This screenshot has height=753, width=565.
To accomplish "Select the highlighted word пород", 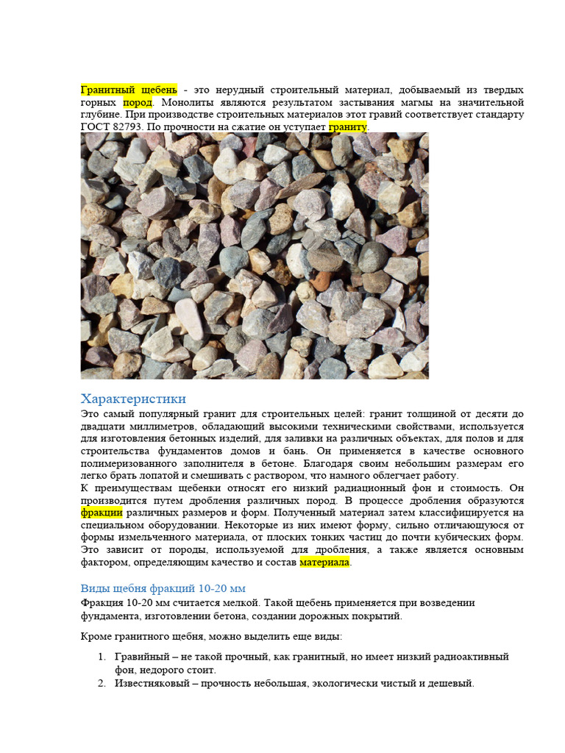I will [138, 102].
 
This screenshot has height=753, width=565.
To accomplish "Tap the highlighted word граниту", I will [347, 127].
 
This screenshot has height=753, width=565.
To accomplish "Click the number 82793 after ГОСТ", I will [126, 127].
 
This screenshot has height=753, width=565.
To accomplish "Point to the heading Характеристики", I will [133, 399].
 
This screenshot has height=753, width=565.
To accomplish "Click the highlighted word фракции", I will [101, 513].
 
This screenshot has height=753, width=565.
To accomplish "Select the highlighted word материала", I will [324, 563].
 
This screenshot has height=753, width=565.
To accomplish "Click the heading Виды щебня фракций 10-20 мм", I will [163, 589].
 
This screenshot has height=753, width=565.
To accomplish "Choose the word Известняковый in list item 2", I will [153, 683].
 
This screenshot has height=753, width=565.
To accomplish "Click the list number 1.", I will [102, 657].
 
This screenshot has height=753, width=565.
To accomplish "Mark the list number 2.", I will [102, 683].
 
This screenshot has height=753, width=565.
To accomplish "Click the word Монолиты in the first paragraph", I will [186, 102].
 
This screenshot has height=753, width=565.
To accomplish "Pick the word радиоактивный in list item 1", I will [472, 657].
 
